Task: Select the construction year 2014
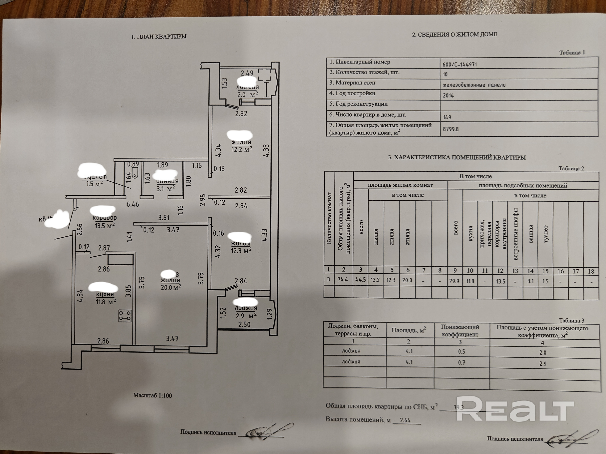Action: [448, 95]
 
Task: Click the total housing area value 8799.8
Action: [451, 129]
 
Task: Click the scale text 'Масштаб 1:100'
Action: [153, 395]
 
